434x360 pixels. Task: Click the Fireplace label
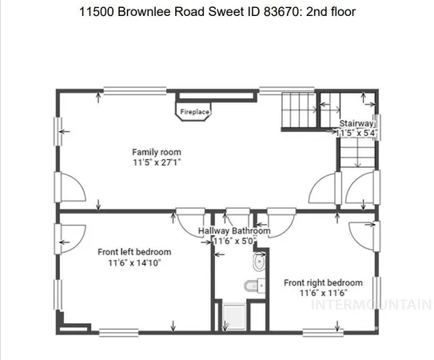[x=194, y=112]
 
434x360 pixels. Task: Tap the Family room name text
[x=157, y=152]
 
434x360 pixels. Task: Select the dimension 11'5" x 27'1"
[x=157, y=162]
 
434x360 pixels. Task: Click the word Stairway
[x=356, y=123]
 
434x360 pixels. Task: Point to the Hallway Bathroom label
[x=234, y=231]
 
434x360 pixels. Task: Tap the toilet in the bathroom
[x=257, y=263]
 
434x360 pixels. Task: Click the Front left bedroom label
[x=134, y=252]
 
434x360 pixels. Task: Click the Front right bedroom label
[x=323, y=282]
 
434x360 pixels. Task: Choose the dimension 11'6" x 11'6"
[x=323, y=294]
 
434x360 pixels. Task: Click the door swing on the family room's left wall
[x=72, y=190]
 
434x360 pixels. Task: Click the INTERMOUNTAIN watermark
[x=372, y=305]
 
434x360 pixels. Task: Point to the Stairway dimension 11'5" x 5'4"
[x=356, y=133]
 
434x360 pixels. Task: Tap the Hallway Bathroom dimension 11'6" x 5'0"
[x=234, y=241]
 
